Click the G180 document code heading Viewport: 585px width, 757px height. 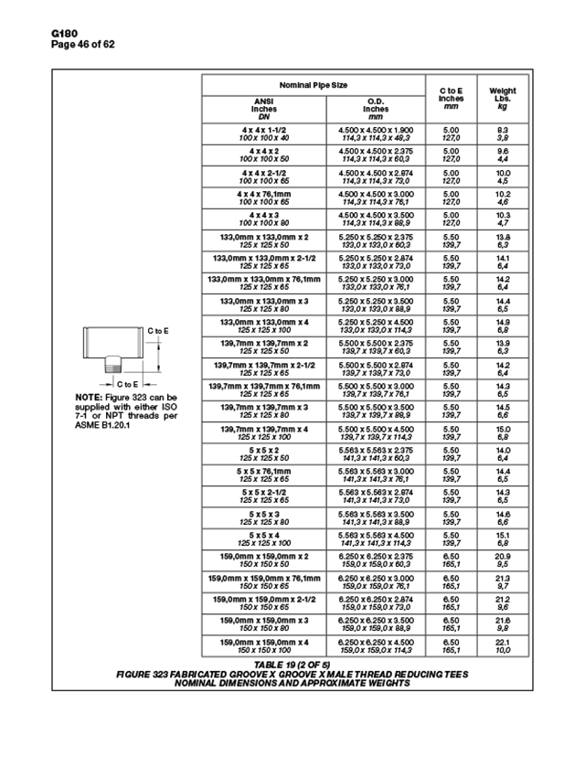(65, 34)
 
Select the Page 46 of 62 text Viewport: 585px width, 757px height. (83, 45)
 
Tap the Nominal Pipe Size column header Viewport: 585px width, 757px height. (314, 85)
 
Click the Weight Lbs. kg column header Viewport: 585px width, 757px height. (503, 98)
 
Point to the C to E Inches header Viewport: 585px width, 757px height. (452, 98)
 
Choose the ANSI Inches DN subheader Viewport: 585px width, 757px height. (264, 109)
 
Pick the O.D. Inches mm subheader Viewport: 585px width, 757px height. (376, 109)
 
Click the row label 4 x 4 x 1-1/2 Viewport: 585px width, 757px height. (264, 130)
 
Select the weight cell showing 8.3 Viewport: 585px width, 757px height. (503, 130)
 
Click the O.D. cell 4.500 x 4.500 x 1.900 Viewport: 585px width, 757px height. (376, 130)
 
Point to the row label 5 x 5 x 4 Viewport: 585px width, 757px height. (264, 535)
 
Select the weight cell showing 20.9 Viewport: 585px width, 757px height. (503, 556)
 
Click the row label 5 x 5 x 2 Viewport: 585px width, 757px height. (264, 450)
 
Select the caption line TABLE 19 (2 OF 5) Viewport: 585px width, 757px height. (292, 663)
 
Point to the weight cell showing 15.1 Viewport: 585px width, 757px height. (503, 535)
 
